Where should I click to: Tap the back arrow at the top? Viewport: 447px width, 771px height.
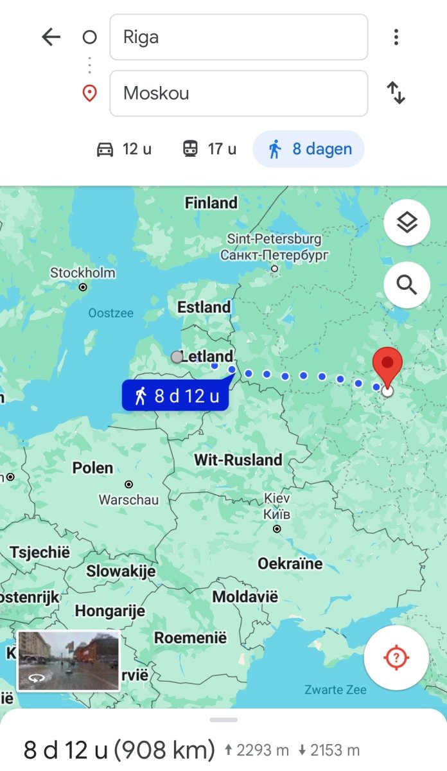pos(51,37)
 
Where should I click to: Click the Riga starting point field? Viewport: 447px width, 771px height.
pos(238,37)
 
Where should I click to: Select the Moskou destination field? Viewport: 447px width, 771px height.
pos(238,93)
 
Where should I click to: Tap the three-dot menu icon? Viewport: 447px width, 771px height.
pos(396,37)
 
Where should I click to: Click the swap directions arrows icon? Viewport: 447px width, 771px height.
pos(396,93)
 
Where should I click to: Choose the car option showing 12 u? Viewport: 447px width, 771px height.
pos(124,149)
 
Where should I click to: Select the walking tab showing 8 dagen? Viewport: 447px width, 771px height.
pos(309,149)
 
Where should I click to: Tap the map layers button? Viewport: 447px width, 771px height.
pos(407,222)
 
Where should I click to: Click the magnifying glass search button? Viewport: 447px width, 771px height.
pos(407,285)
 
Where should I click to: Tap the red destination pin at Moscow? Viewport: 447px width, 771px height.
pos(387,364)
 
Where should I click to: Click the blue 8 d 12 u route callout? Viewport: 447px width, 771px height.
pos(175,396)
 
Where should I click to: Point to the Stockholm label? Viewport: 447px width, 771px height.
pos(83,273)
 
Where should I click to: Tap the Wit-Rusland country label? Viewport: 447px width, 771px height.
pos(238,460)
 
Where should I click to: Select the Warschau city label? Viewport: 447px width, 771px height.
pos(128,499)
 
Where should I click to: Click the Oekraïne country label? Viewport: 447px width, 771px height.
pos(290,564)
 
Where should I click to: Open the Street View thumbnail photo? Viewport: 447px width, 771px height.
pos(68,661)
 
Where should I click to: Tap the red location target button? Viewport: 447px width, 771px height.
pos(396,657)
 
